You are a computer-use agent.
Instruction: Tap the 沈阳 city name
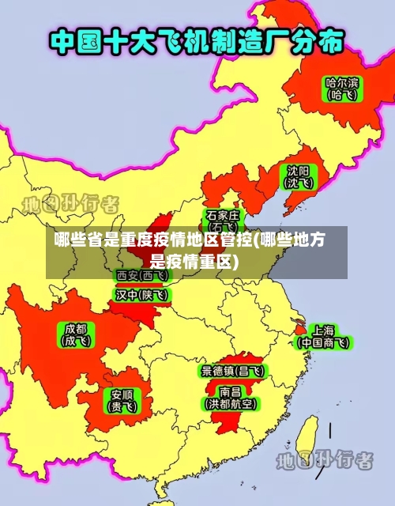click(x=299, y=170)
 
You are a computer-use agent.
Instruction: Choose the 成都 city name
click(x=77, y=328)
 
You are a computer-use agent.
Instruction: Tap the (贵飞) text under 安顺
click(x=122, y=407)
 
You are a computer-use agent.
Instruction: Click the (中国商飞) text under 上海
click(x=323, y=343)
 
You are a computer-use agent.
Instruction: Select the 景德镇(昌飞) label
click(x=233, y=370)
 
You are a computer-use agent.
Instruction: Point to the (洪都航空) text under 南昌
click(x=231, y=403)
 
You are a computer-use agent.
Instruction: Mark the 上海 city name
click(x=323, y=330)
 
